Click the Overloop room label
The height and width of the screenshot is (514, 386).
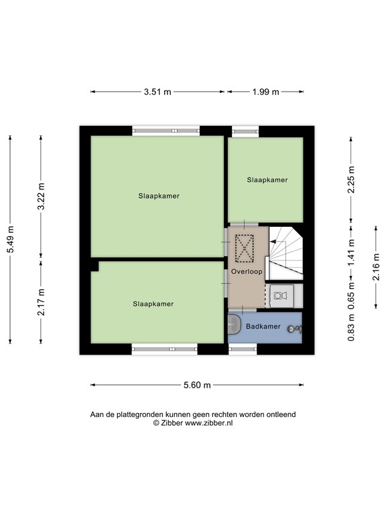point(247,272)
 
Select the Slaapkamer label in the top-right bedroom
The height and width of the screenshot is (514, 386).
point(267,180)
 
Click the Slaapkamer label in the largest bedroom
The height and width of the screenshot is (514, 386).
point(159,196)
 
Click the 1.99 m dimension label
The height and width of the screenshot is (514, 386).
point(265,92)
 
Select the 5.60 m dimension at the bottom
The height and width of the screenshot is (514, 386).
point(197,385)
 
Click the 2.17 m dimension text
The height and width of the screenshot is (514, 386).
point(41,302)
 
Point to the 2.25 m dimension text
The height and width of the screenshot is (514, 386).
point(350,179)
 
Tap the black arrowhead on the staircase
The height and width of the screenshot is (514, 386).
point(273,242)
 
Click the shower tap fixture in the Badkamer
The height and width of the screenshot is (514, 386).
point(295,328)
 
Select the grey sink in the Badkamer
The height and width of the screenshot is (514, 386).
point(234,325)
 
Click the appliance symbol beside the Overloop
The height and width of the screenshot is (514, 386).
point(281,294)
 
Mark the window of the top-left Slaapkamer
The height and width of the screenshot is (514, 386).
point(166,131)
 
